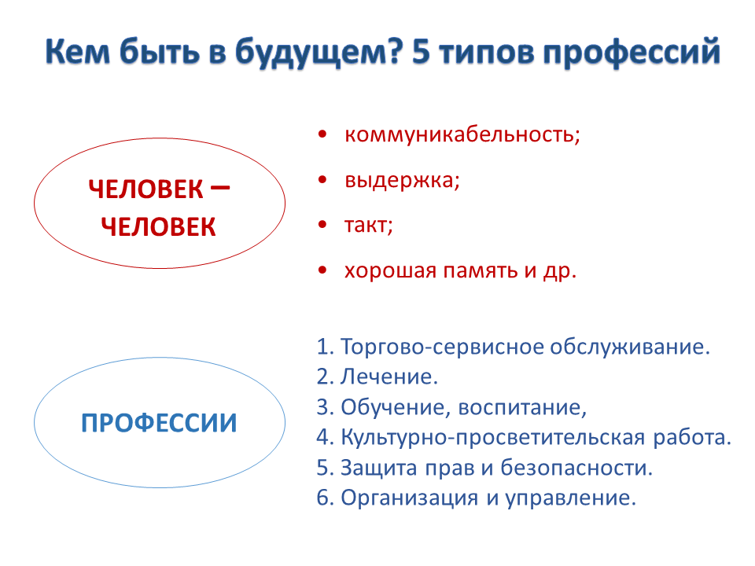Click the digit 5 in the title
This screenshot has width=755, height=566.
tap(421, 51)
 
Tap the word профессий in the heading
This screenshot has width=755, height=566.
tap(632, 52)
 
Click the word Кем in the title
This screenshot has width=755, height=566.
tap(78, 51)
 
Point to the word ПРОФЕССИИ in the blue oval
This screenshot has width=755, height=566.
tap(159, 423)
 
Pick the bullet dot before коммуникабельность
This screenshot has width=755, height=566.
tap(322, 134)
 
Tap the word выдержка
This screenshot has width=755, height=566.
tap(400, 181)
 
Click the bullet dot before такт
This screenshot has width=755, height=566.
tap(322, 225)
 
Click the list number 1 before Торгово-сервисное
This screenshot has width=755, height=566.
tap(323, 347)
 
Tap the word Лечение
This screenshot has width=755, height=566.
tap(387, 377)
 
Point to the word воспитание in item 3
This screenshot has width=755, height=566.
tap(520, 408)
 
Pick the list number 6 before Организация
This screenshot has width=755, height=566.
tap(323, 498)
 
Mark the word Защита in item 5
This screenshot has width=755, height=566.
tap(379, 468)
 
